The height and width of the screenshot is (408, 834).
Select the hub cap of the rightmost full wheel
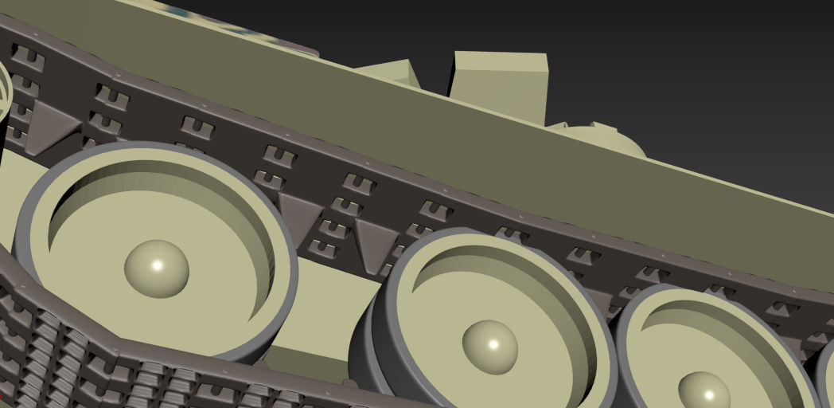pos(704,391)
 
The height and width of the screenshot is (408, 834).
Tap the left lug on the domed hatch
pos(559,127)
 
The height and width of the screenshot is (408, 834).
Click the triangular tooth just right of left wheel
pos(301,214)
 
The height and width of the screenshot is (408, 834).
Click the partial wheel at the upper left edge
pos(4,88)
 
